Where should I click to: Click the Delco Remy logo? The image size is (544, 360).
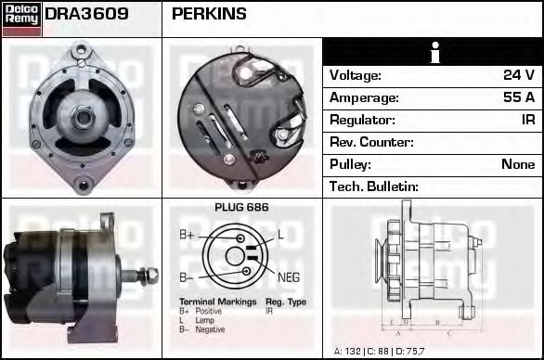21,19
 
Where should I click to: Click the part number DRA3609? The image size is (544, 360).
86,15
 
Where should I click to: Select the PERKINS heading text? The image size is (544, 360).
210,15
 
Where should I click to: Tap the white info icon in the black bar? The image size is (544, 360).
433,52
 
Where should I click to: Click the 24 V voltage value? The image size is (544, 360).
517,75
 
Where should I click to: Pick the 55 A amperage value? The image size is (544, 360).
517,97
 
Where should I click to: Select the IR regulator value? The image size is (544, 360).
526,120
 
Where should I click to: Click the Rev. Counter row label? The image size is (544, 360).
371,142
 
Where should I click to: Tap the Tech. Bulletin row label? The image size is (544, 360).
374,186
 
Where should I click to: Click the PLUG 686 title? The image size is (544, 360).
241,208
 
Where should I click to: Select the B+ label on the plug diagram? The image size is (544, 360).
187,236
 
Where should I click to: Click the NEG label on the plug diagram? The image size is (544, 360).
289,276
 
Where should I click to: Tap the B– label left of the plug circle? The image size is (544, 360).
186,276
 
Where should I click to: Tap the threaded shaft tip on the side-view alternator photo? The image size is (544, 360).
151,275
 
